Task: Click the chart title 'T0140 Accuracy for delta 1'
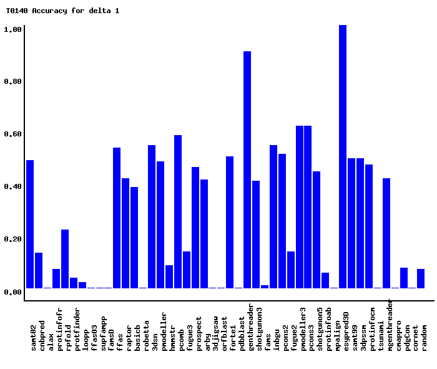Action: tap(62, 11)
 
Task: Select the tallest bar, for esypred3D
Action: tap(343, 156)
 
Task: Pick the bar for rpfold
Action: tap(65, 259)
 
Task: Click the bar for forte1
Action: tap(230, 222)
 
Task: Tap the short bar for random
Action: tap(421, 278)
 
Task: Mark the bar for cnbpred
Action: tap(39, 270)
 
